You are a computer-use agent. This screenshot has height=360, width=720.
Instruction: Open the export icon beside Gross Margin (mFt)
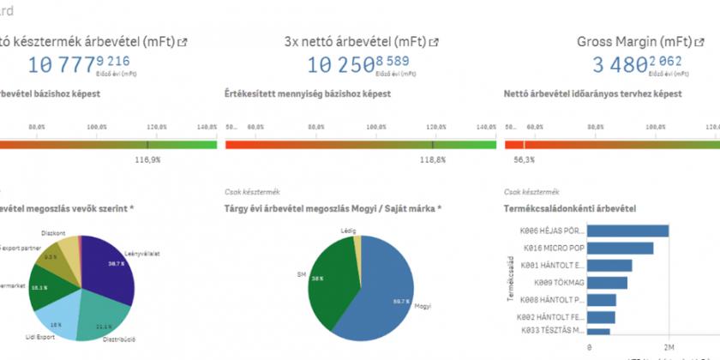(699, 41)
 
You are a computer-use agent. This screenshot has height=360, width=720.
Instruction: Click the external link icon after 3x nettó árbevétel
(435, 41)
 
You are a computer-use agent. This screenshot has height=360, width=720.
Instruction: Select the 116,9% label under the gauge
(148, 159)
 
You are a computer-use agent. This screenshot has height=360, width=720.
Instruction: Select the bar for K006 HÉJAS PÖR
(629, 231)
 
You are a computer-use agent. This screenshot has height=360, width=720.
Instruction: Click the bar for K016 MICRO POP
(621, 248)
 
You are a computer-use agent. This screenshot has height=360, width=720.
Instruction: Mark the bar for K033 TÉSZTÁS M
(600, 331)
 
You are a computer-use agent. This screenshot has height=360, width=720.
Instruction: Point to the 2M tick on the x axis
(669, 347)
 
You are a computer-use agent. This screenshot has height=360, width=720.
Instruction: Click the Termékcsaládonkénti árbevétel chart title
(569, 208)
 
